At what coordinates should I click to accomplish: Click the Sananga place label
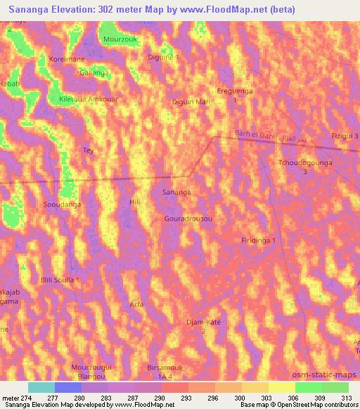(176, 192)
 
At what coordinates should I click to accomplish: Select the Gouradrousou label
(188, 219)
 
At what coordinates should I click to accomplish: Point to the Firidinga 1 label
(259, 241)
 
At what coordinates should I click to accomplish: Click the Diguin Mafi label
(191, 103)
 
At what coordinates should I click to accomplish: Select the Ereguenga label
(235, 91)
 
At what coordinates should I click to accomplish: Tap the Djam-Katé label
(204, 322)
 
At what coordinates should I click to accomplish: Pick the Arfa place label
(137, 304)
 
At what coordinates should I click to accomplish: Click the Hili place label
(136, 202)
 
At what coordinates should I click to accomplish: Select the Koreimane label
(67, 60)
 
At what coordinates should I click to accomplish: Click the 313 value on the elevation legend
(347, 397)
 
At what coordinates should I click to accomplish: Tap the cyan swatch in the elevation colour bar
(41, 387)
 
